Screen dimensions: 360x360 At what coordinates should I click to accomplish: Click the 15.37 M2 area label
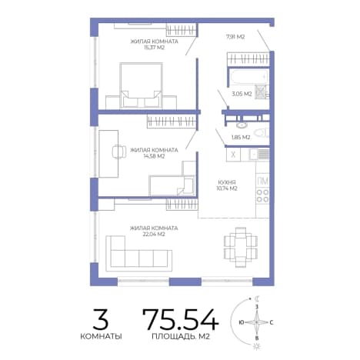(x=154, y=48)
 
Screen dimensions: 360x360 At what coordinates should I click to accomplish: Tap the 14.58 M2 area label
(x=154, y=156)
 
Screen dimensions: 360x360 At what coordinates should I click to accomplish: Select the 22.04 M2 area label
(x=154, y=235)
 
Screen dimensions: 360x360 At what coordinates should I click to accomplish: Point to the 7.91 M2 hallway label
(x=235, y=37)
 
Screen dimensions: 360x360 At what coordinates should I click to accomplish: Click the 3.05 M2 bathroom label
(x=242, y=94)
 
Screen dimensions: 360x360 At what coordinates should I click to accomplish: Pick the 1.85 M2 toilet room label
(x=241, y=138)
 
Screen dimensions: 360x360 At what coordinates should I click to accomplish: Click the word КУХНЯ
(x=227, y=182)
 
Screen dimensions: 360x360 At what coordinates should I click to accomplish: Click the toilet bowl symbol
(x=261, y=133)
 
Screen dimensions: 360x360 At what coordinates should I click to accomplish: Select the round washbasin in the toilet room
(x=242, y=125)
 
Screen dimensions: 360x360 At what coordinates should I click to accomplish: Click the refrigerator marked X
(x=233, y=155)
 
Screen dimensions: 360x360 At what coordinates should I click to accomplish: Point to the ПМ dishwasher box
(x=262, y=181)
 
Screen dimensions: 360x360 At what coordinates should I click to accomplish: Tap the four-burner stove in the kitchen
(x=262, y=195)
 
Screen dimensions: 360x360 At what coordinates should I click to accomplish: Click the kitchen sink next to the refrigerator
(x=258, y=155)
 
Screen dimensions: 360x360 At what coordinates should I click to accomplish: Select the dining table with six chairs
(x=241, y=247)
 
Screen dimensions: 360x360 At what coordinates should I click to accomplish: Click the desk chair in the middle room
(x=119, y=152)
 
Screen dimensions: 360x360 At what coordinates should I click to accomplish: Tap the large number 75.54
(x=181, y=319)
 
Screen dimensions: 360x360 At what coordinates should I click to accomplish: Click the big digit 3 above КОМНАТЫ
(x=101, y=319)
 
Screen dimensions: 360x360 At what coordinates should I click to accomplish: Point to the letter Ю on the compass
(x=241, y=322)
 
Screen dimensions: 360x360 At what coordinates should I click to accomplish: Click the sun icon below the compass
(x=257, y=346)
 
